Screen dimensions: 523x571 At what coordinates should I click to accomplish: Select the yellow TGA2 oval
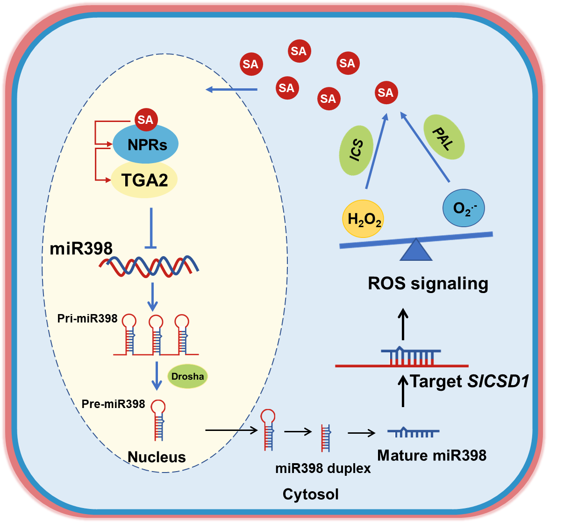144,180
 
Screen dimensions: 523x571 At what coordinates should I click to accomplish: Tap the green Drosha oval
187,376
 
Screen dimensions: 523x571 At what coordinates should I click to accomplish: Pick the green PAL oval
443,138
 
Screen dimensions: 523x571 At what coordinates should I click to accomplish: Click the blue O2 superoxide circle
463,208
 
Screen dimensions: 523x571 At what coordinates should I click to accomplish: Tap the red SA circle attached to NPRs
145,120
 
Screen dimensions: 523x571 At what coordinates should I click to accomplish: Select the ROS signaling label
428,283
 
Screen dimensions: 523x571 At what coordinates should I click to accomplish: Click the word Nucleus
157,457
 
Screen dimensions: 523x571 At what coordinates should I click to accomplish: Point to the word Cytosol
310,494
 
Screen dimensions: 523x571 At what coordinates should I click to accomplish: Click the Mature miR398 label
432,455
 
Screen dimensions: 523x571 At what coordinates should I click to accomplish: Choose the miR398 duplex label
323,468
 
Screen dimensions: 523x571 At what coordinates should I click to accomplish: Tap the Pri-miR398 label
87,319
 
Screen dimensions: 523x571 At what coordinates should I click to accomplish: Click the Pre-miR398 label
113,404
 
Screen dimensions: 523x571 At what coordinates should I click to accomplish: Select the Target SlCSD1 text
469,381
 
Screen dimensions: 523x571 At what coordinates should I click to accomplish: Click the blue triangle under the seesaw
416,250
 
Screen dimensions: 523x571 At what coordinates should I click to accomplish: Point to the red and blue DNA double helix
149,266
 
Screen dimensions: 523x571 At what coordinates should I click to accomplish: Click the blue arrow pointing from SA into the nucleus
232,89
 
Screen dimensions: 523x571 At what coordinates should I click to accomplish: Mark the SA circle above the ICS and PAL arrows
385,93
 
